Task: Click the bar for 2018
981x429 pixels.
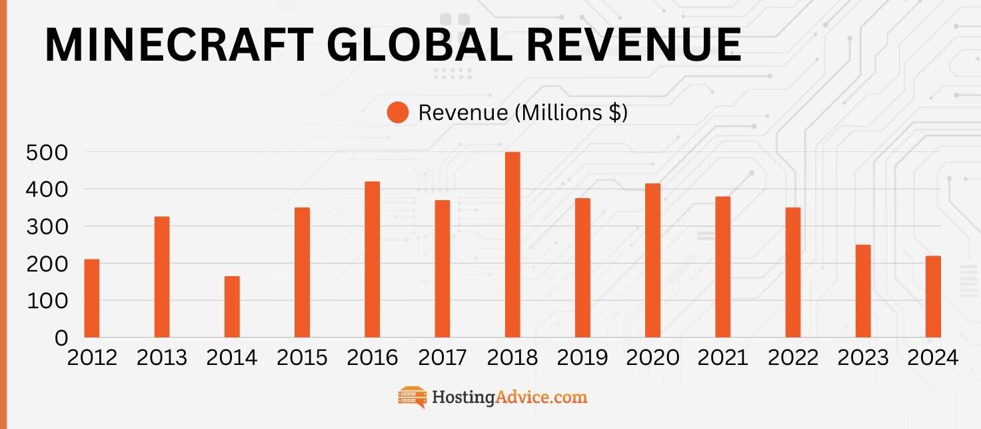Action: pos(512,244)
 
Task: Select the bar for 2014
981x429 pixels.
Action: pos(232,306)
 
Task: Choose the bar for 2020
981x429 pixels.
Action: pos(652,260)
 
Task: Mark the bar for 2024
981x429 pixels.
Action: pos(933,296)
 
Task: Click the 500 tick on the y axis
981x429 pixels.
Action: pos(47,153)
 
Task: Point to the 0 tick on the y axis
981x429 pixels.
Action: pos(61,338)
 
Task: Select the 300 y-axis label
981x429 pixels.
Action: pos(47,227)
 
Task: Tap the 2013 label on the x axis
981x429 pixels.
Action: pos(162,358)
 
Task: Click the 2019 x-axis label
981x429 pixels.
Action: pos(582,358)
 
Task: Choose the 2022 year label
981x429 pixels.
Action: pos(793,358)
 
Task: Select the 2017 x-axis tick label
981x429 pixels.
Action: pos(443,358)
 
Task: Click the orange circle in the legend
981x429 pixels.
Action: pos(397,113)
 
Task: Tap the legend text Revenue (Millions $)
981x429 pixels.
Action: pos(522,113)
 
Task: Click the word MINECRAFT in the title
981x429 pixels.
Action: pos(179,45)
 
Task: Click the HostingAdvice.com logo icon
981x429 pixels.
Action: pos(412,397)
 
